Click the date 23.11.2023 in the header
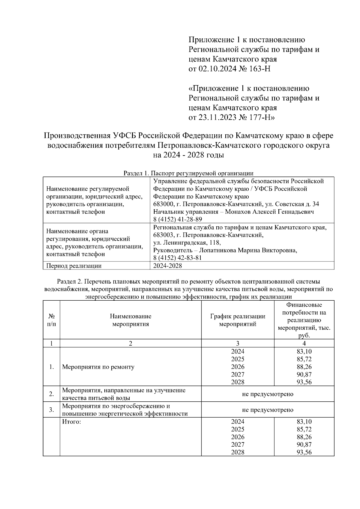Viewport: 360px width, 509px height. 217,118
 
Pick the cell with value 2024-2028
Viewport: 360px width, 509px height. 167,266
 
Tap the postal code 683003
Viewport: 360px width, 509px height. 164,235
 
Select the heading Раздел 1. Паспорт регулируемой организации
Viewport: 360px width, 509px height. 188,173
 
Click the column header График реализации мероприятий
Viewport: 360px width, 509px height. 238,320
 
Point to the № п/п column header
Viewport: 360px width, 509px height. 52,320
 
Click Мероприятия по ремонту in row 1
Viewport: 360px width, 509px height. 98,367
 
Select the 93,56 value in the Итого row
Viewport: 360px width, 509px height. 304,452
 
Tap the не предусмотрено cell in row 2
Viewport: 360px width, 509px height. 267,394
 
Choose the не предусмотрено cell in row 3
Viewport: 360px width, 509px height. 267,410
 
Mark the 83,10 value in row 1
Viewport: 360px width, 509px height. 304,351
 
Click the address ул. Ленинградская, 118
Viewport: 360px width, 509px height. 187,243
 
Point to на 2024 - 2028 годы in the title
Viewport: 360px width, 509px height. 188,155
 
